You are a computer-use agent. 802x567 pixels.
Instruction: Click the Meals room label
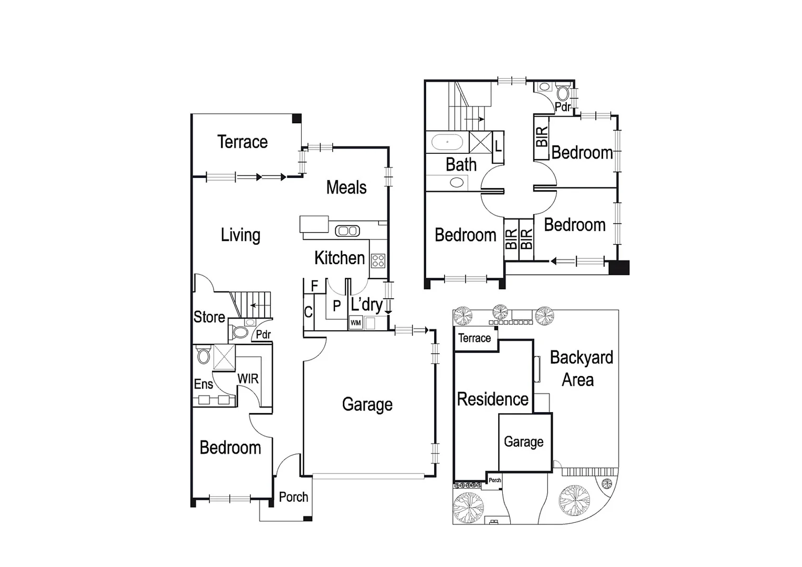click(x=346, y=187)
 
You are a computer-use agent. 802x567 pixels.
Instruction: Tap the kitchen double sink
click(x=346, y=230)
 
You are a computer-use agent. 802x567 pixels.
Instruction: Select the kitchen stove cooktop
click(x=378, y=260)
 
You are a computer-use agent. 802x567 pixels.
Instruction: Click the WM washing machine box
click(x=355, y=323)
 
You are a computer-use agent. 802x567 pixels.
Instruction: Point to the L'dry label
click(x=366, y=304)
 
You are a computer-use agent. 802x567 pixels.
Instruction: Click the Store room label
click(x=209, y=317)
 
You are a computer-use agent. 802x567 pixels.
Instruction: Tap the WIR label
click(x=248, y=379)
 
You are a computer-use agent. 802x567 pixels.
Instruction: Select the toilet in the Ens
click(x=203, y=356)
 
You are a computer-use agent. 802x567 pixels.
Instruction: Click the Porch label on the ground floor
click(x=293, y=497)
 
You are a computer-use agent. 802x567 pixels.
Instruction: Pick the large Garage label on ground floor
click(x=367, y=405)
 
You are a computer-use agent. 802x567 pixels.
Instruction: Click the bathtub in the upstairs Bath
click(x=447, y=142)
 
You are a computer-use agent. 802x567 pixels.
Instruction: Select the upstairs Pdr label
click(x=563, y=107)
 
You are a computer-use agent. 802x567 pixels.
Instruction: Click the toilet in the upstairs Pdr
click(x=563, y=94)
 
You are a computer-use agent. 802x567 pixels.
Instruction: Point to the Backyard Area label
click(x=581, y=369)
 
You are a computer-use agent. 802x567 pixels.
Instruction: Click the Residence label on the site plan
click(x=492, y=400)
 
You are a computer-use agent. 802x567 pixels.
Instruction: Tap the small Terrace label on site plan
click(x=474, y=338)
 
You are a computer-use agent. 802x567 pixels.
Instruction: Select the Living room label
click(x=240, y=235)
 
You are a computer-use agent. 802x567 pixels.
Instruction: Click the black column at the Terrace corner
click(x=297, y=118)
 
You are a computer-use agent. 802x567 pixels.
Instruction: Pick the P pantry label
click(x=337, y=306)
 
